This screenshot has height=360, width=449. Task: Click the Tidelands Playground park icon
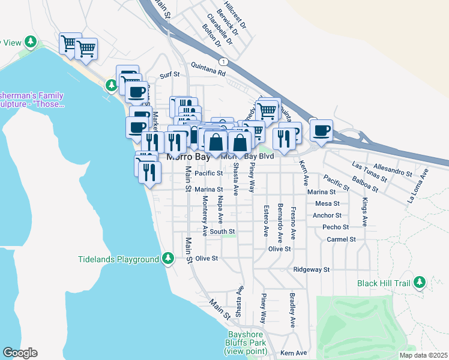[x=169, y=259]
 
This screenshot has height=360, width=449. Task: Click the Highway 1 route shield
[x=223, y=62]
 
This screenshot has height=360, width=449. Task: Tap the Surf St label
[x=170, y=75]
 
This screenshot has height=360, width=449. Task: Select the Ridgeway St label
[x=312, y=269]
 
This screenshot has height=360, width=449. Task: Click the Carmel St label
[x=342, y=239]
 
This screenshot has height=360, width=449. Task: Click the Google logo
[x=20, y=353]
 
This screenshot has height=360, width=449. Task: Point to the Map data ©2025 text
[x=423, y=355]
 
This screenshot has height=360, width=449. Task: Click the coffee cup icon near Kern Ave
[x=321, y=130]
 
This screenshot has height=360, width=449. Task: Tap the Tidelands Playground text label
[x=119, y=259]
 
